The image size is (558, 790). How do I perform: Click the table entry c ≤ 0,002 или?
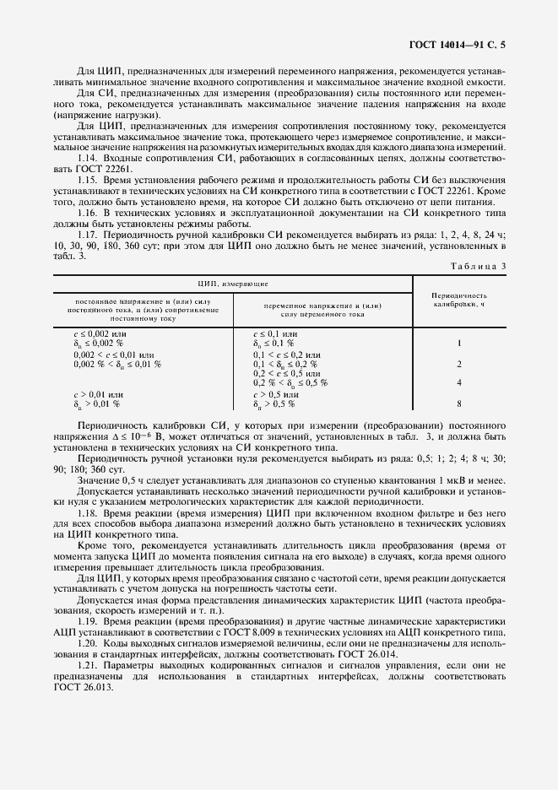pyautogui.click(x=100, y=334)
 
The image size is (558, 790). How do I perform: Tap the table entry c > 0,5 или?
pyautogui.click(x=277, y=394)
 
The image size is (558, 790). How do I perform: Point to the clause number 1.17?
pyautogui.click(x=88, y=232)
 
